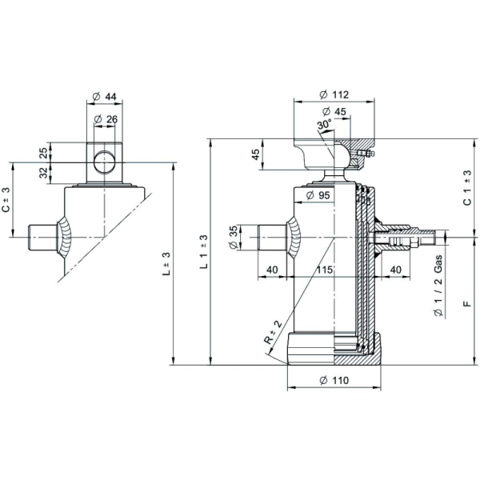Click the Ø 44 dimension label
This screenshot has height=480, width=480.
[104, 97]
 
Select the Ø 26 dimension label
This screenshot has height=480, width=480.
[106, 119]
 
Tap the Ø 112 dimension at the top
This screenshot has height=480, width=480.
[334, 94]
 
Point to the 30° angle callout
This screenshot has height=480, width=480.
[324, 125]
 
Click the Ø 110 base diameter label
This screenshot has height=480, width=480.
[334, 380]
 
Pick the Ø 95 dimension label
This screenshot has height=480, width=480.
[318, 195]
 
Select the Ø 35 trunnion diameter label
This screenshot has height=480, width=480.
[234, 238]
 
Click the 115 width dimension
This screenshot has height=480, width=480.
[324, 270]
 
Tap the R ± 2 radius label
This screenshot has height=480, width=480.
[273, 332]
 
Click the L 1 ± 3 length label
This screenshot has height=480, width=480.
[204, 252]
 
